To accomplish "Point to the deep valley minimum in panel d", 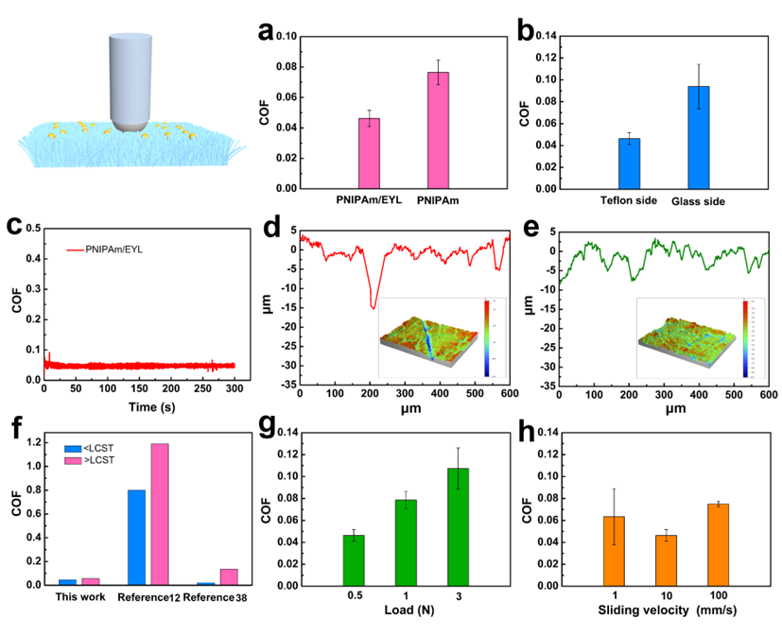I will [373, 307].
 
